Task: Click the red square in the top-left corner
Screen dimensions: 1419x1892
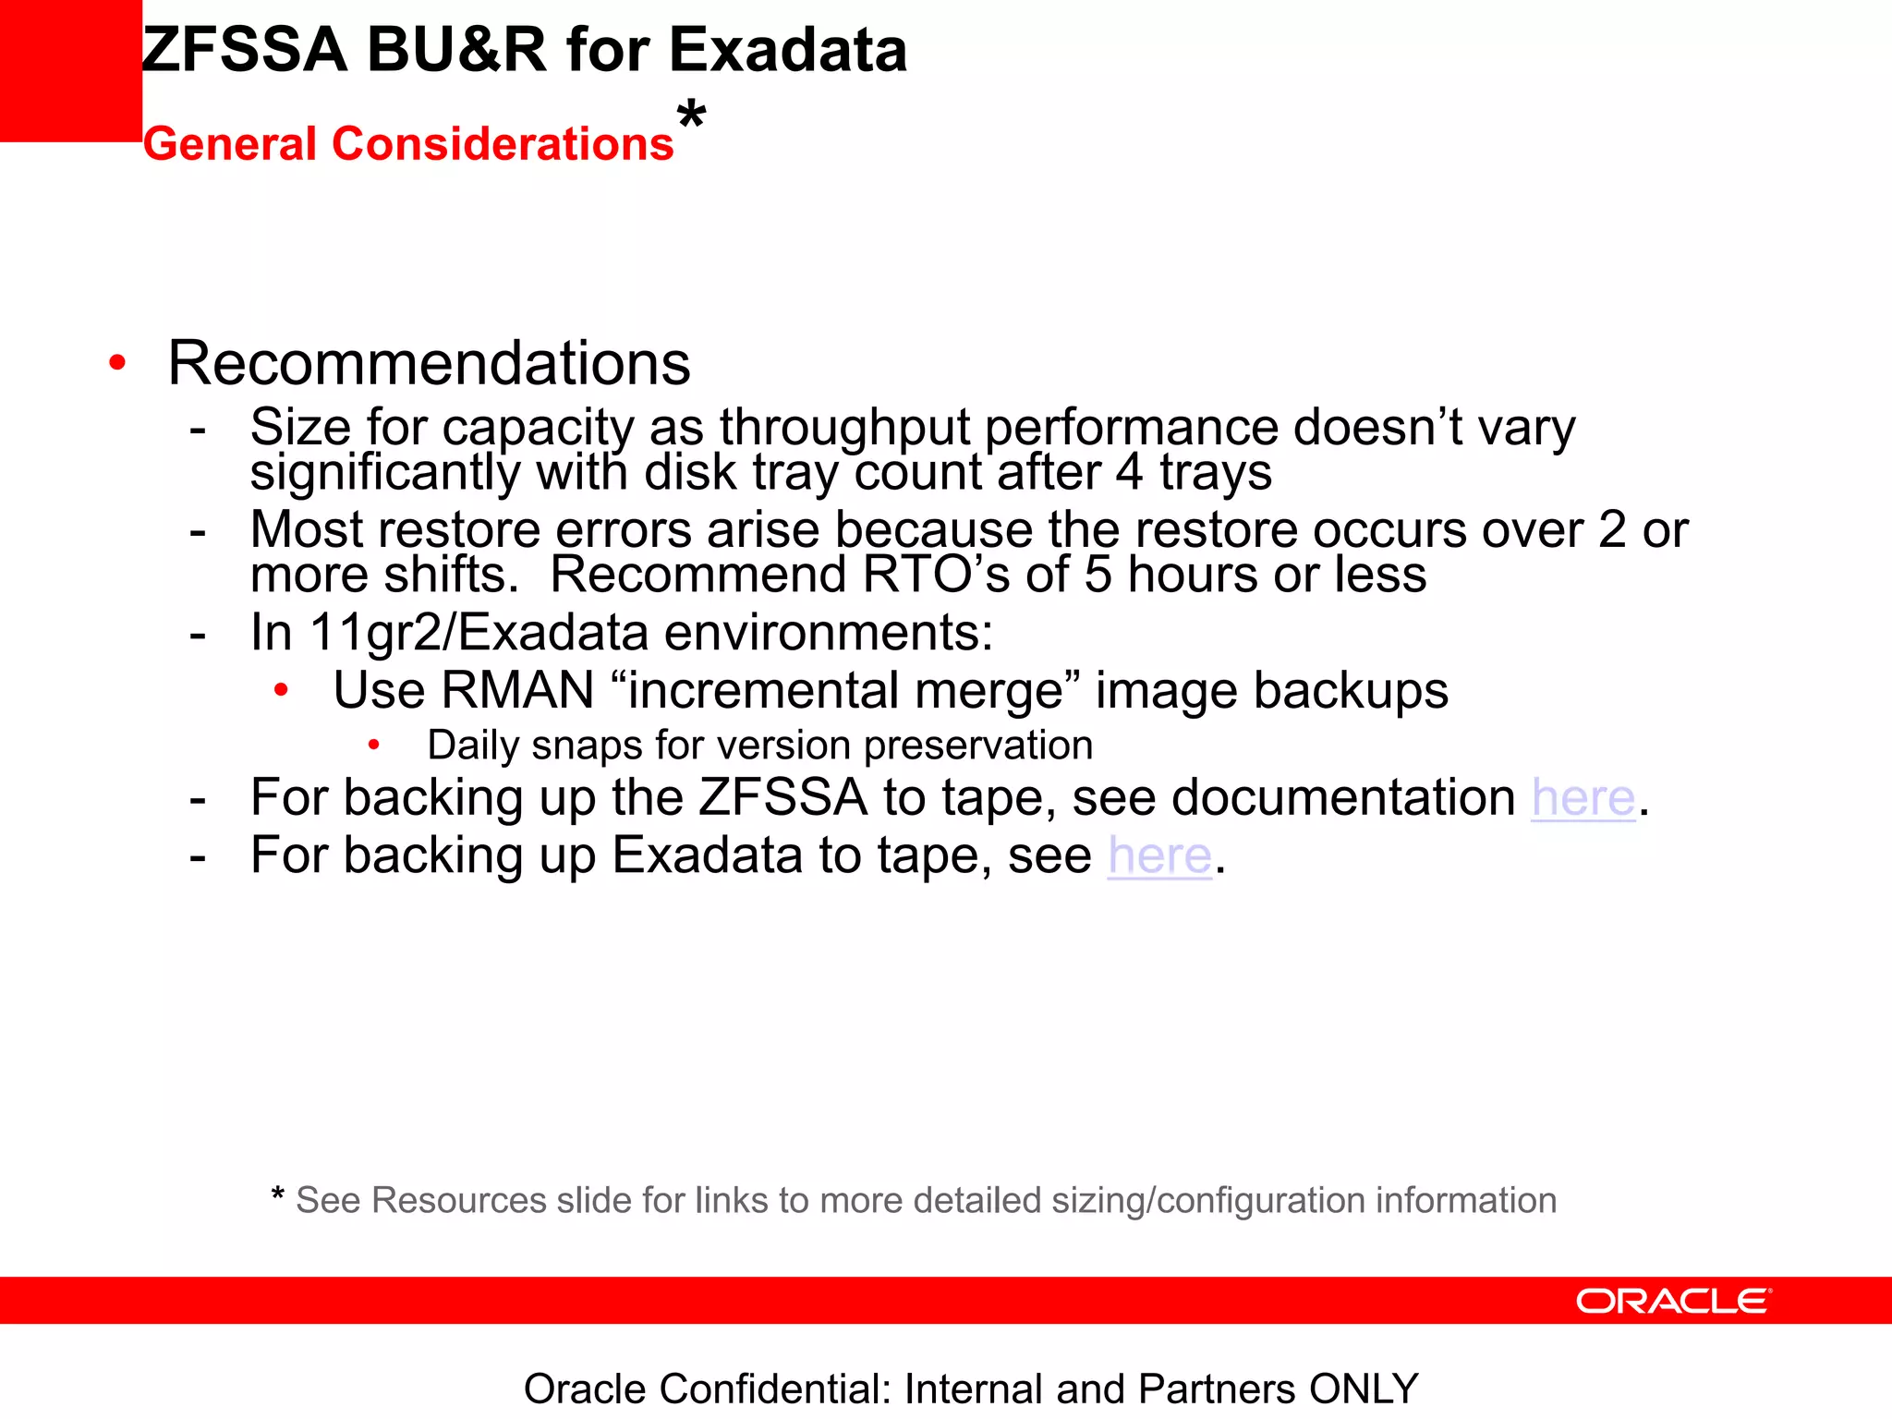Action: click(x=70, y=70)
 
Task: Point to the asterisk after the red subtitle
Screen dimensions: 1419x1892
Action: click(x=691, y=116)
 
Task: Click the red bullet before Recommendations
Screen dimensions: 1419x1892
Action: click(x=116, y=362)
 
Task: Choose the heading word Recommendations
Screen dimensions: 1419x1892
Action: click(x=429, y=362)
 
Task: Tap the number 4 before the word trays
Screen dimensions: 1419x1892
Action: click(x=1129, y=472)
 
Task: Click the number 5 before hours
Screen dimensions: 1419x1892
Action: click(x=1098, y=575)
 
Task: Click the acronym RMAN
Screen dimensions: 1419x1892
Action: click(x=517, y=690)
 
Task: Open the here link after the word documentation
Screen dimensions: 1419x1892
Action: click(x=1583, y=797)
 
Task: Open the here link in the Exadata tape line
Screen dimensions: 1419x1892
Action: click(x=1159, y=855)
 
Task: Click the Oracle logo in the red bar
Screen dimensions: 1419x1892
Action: click(x=1673, y=1301)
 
